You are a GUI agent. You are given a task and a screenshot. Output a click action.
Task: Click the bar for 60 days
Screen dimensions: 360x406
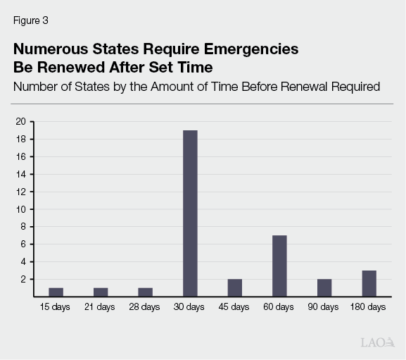279,266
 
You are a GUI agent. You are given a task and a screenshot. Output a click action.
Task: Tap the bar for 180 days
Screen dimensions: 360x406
369,283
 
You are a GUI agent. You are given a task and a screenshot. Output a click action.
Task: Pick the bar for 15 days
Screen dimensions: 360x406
56,292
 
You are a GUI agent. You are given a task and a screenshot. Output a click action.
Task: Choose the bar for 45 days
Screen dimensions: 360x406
234,287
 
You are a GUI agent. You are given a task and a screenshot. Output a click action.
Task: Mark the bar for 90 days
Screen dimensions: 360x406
324,287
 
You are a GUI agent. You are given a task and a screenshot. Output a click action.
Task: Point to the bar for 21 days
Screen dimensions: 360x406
101,292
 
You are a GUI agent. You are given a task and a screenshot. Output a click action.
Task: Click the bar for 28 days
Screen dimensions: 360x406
145,292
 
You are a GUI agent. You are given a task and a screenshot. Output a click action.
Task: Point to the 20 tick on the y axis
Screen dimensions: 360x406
21,121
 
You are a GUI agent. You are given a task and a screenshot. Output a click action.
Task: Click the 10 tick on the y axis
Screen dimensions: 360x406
21,209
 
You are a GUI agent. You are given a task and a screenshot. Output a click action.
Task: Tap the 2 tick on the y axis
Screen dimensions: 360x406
23,279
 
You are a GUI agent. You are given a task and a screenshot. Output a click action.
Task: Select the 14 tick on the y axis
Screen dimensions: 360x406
21,174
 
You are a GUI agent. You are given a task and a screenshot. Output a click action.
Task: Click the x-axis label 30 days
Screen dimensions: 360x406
190,307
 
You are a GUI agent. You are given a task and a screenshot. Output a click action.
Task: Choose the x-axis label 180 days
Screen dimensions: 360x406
369,307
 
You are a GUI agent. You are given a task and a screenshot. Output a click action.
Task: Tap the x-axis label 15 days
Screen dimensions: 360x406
56,307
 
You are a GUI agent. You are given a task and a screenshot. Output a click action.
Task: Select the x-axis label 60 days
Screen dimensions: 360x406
279,307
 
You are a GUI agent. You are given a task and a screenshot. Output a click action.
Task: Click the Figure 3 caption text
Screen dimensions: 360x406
31,20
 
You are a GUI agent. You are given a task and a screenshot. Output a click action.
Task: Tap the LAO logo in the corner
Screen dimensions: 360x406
376,343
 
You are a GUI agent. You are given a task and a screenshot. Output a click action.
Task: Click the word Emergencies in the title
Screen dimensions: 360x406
243,49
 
